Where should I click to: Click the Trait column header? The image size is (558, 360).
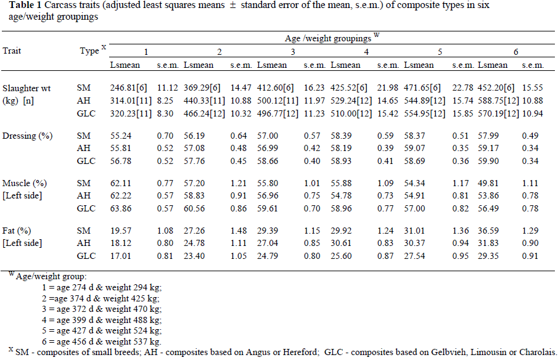[x=12, y=51]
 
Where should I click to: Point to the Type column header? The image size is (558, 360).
[x=89, y=51]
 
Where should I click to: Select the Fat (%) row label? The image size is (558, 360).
[x=17, y=230]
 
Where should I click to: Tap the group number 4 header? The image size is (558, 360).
[x=367, y=51]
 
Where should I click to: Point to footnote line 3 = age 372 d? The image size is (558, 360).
[x=98, y=309]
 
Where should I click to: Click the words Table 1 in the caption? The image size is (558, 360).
[x=18, y=5]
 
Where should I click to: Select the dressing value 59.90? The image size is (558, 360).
[x=489, y=158]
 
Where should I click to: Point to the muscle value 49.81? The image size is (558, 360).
[x=489, y=183]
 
